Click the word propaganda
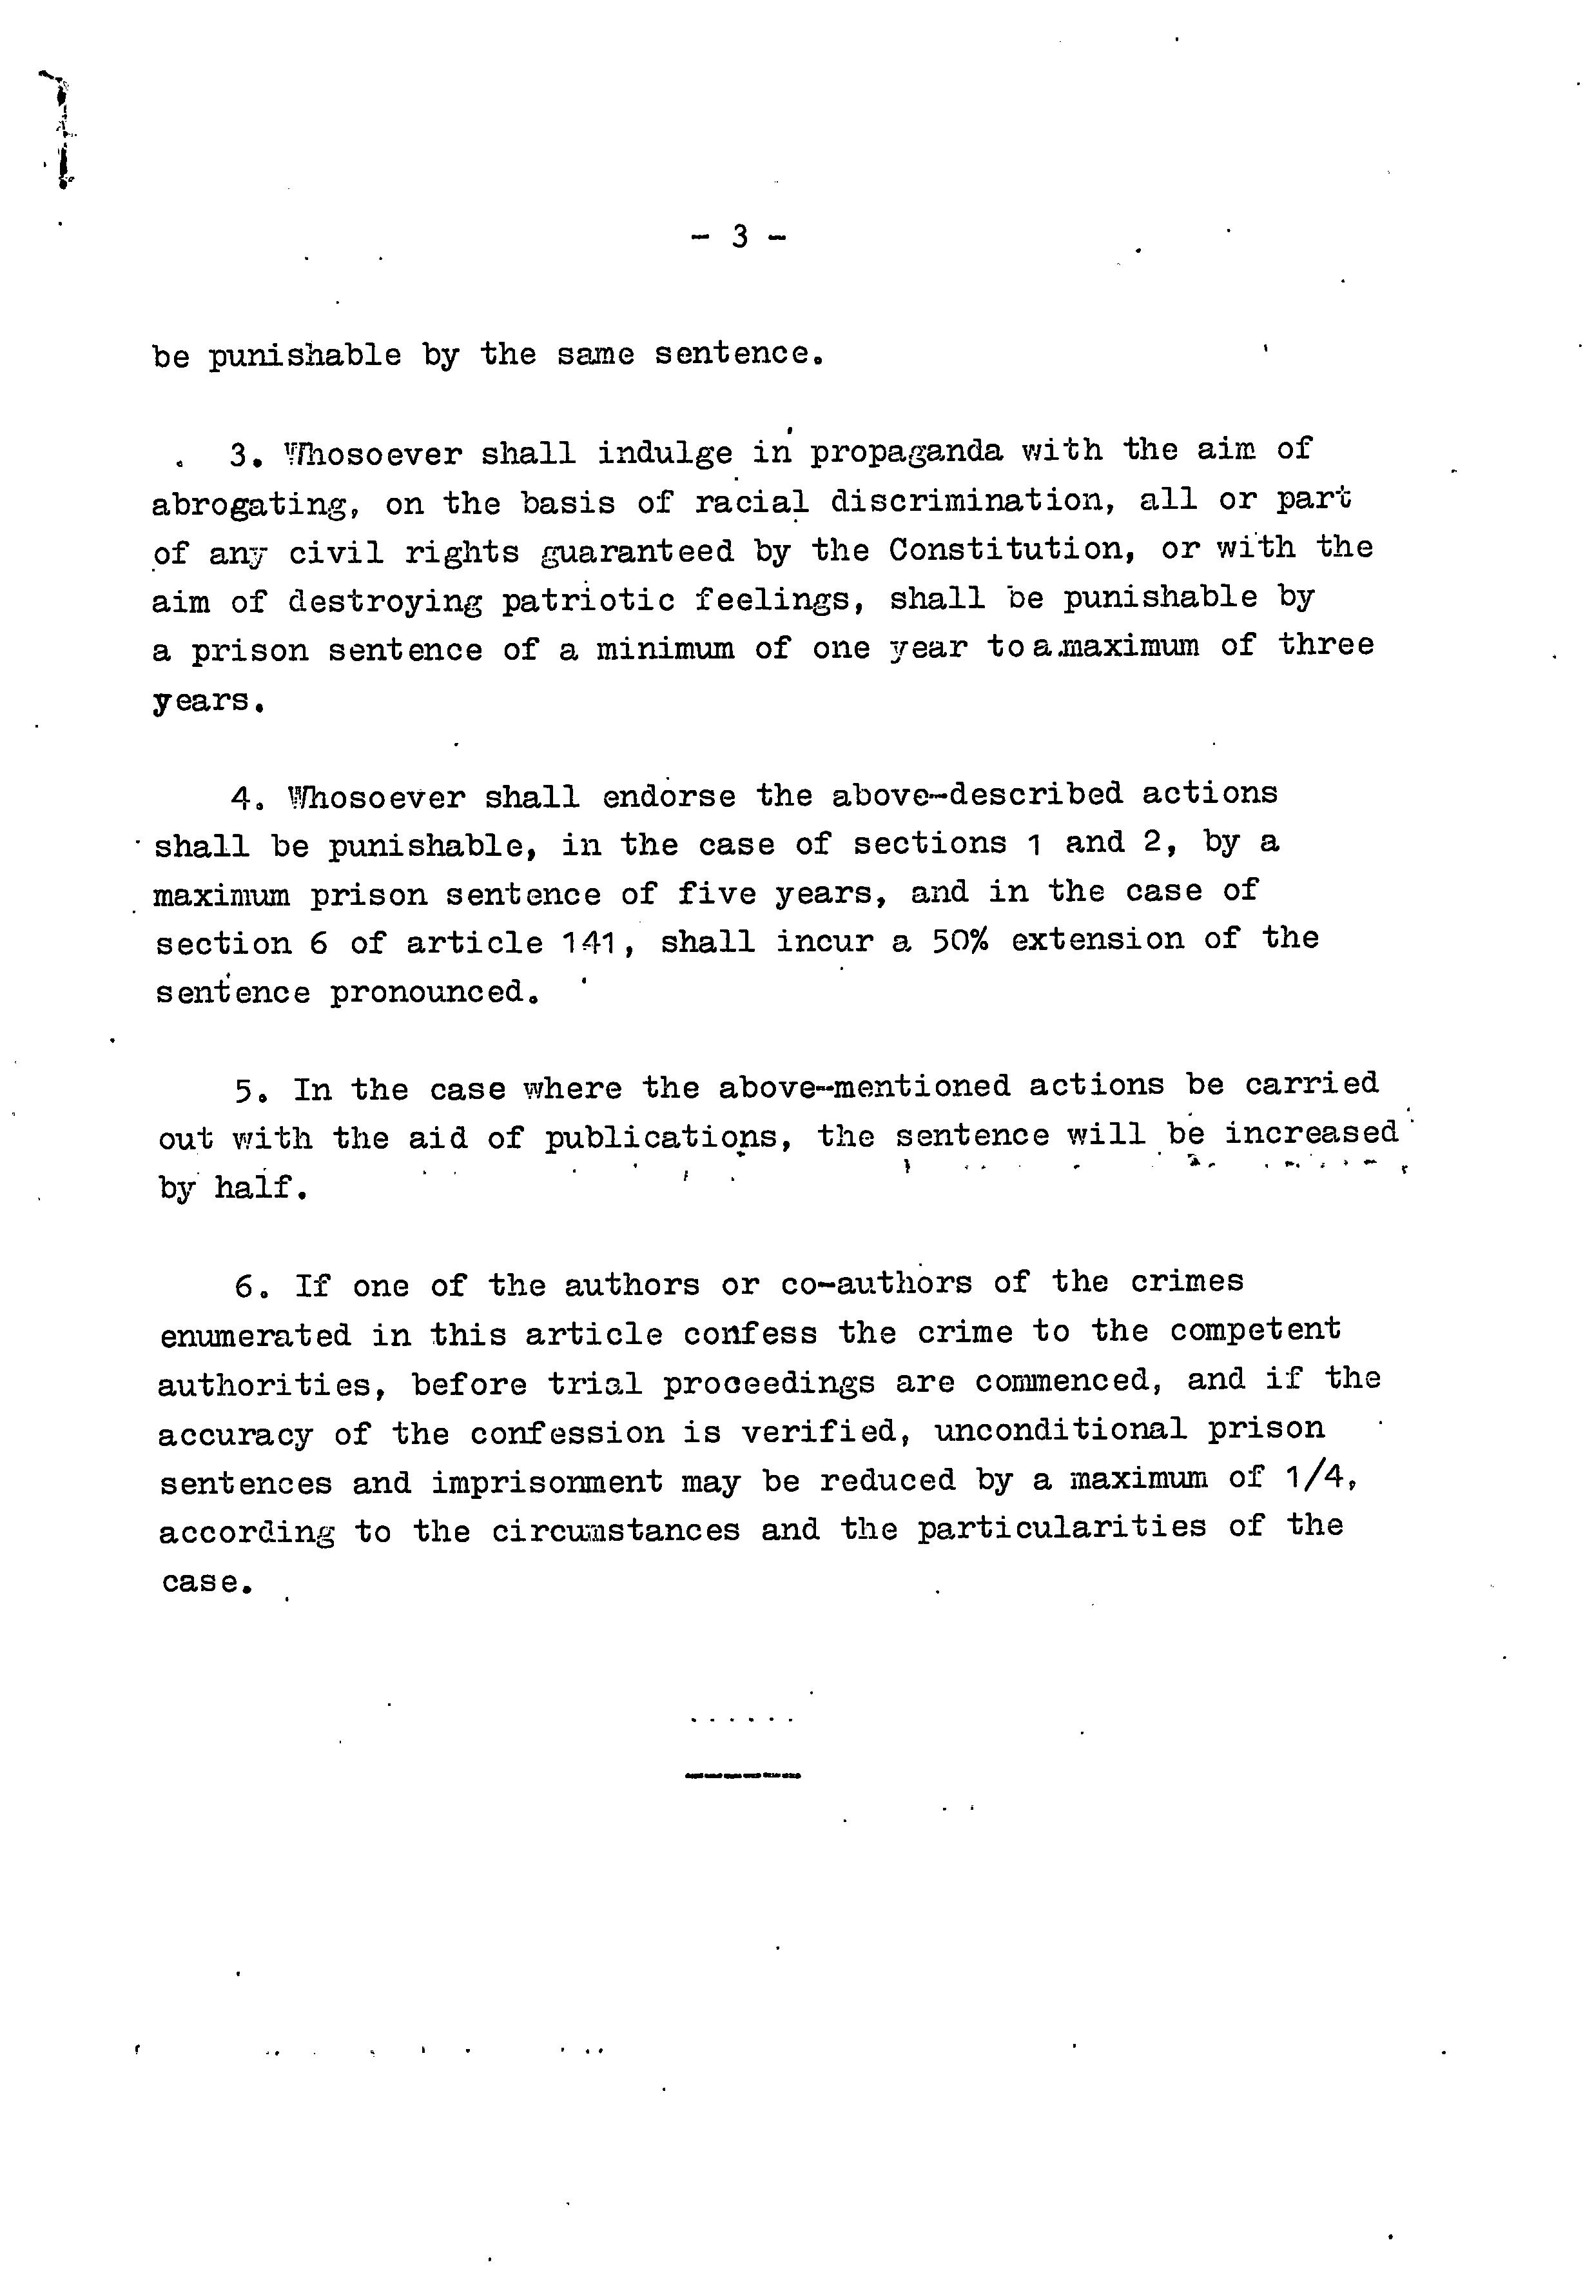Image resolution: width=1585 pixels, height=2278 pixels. click(906, 452)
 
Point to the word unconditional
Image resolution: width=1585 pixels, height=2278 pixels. click(1059, 1430)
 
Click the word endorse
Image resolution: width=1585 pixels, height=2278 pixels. click(668, 797)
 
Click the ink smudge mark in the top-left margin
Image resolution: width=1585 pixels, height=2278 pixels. click(61, 129)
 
